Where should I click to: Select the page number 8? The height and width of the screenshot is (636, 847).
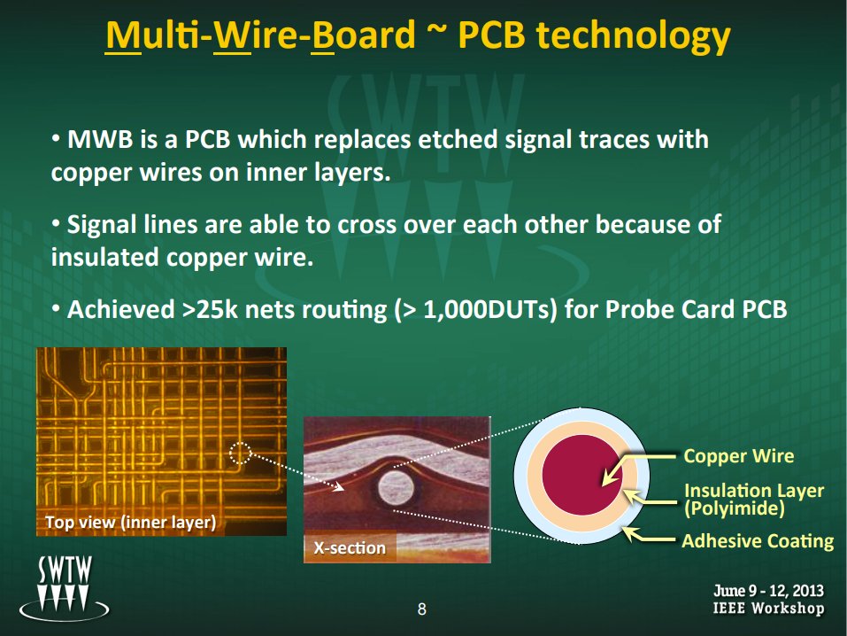pos(422,609)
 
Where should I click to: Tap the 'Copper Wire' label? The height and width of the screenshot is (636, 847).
pos(738,457)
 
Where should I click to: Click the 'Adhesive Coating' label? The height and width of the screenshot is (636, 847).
pos(758,540)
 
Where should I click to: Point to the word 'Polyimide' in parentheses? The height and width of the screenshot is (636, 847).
pos(734,508)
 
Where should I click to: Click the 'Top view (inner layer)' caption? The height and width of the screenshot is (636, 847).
pos(130,523)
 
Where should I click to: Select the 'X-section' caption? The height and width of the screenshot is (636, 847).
pos(350,548)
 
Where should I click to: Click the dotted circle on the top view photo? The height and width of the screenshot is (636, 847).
pos(240,454)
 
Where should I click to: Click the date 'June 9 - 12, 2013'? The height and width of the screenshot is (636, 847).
pos(769,590)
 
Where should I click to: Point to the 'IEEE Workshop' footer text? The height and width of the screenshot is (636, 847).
pos(769,609)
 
